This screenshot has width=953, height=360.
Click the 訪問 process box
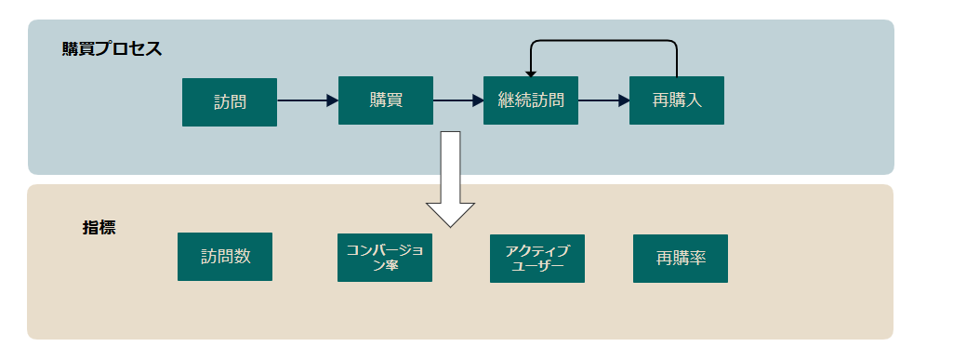pyautogui.click(x=229, y=101)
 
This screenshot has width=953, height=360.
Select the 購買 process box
pyautogui.click(x=385, y=100)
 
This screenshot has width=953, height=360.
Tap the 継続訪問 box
pyautogui.click(x=531, y=100)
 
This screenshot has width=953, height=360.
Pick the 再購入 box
pyautogui.click(x=676, y=100)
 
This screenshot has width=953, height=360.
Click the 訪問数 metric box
pyautogui.click(x=225, y=257)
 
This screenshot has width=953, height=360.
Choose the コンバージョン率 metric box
pyautogui.click(x=385, y=258)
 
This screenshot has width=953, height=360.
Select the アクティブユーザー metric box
pyautogui.click(x=537, y=259)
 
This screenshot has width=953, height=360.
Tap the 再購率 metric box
pyautogui.click(x=680, y=259)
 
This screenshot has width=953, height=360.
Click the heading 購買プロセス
pyautogui.click(x=112, y=49)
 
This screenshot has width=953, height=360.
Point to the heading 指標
pyautogui.click(x=99, y=227)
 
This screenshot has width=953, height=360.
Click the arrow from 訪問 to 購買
pyautogui.click(x=307, y=100)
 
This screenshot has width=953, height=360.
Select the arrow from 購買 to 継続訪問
pyautogui.click(x=458, y=100)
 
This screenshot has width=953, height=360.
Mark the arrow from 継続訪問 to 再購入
pyautogui.click(x=603, y=100)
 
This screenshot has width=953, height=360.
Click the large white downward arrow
pyautogui.click(x=451, y=177)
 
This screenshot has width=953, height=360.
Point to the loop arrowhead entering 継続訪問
pyautogui.click(x=531, y=71)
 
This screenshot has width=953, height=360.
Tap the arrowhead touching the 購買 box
pyautogui.click(x=332, y=100)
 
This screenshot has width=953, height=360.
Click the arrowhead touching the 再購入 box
pyautogui.click(x=624, y=100)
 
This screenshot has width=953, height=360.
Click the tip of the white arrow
pyautogui.click(x=451, y=225)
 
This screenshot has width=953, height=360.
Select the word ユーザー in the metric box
pyautogui.click(x=537, y=266)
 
